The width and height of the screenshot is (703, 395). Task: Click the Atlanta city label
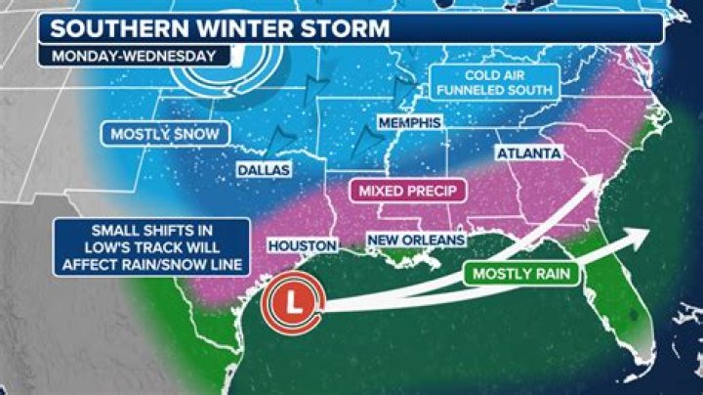point(528,154)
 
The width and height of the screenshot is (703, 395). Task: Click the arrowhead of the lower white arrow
point(643,236)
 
